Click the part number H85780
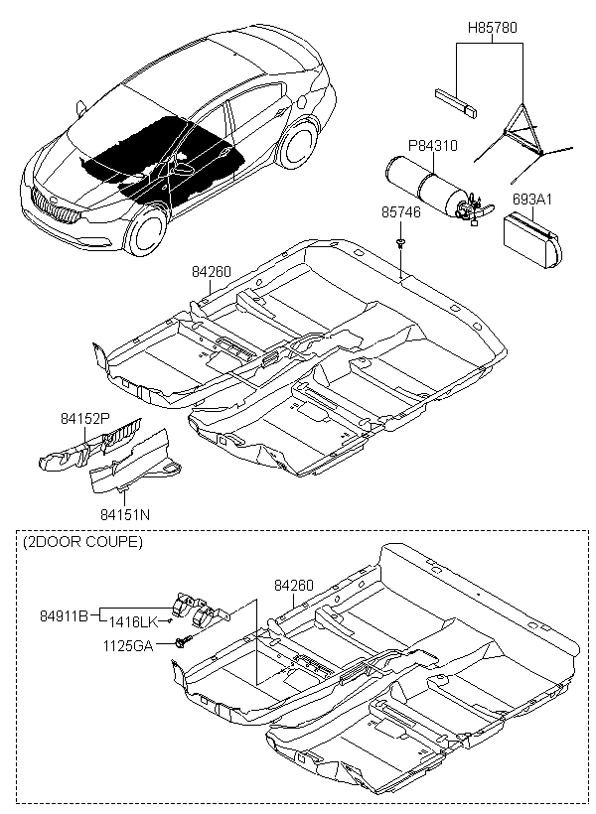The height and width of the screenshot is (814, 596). click(493, 28)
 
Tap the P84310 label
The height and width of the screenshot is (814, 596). click(432, 145)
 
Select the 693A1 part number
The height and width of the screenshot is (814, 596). click(532, 200)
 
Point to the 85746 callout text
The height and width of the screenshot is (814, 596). click(401, 212)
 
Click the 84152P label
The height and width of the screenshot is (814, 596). click(85, 419)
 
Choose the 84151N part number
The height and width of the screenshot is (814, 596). click(125, 514)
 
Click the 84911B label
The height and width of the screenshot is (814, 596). click(65, 616)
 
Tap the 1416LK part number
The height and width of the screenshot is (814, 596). click(132, 622)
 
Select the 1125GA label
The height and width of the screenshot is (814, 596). click(128, 646)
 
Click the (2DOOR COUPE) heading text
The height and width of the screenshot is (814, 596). click(83, 541)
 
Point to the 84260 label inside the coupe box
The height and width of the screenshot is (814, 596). click(294, 585)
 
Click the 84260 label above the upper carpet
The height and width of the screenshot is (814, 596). click(212, 272)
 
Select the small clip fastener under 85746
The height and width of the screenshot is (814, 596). click(400, 242)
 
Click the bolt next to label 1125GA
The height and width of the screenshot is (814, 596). click(185, 641)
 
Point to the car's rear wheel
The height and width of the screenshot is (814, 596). click(298, 144)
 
